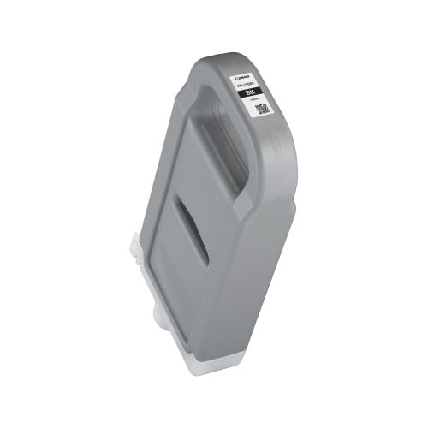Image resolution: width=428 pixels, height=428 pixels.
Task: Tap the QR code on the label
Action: click(x=262, y=109)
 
